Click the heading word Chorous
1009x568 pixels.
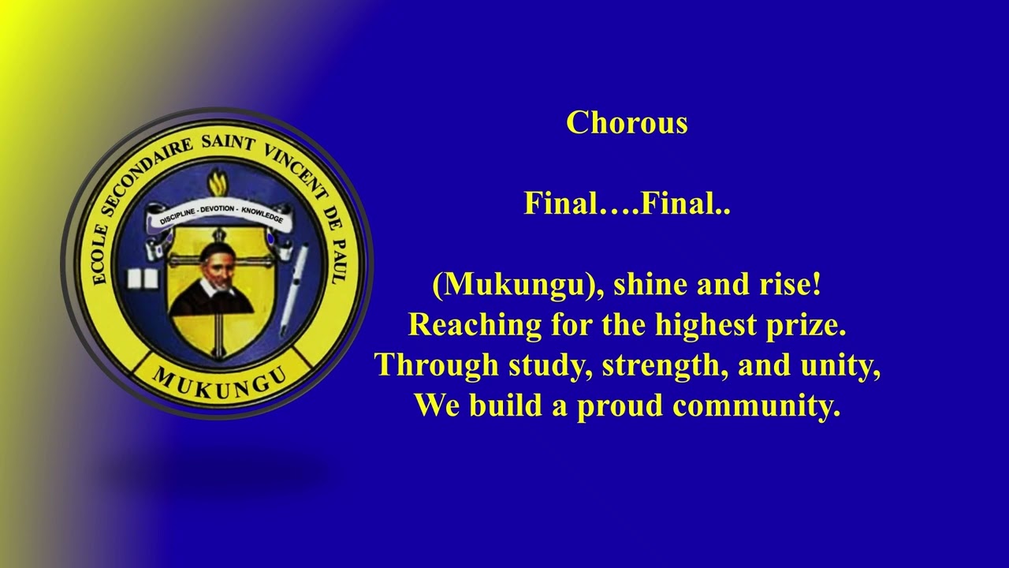coord(627,123)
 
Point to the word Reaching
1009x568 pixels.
coord(464,325)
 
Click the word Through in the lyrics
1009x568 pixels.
coord(426,366)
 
